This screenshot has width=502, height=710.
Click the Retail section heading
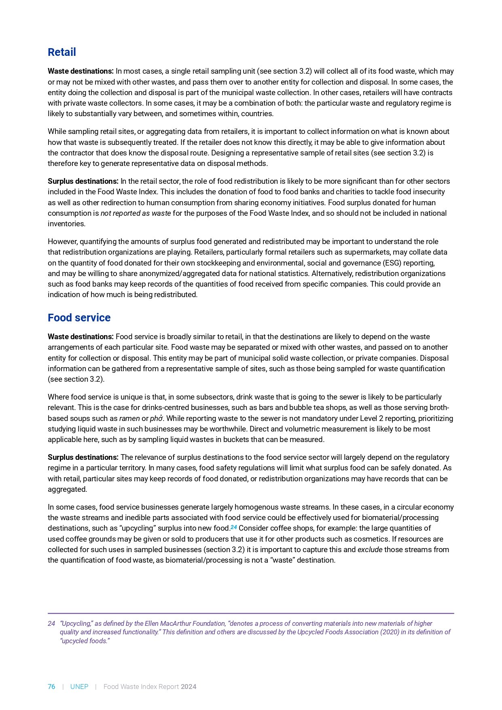(x=61, y=52)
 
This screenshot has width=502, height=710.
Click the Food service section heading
(x=79, y=318)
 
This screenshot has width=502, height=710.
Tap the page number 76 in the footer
(x=51, y=687)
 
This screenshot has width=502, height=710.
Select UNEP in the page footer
(x=79, y=687)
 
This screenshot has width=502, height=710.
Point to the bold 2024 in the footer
(x=189, y=687)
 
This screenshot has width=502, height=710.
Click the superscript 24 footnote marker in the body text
(x=234, y=527)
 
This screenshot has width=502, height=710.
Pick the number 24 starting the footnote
(x=51, y=623)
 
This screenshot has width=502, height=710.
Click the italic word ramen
(x=129, y=419)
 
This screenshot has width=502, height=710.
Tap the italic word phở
(x=156, y=419)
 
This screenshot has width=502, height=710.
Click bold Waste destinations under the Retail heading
(x=80, y=71)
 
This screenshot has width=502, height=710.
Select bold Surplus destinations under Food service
(x=83, y=457)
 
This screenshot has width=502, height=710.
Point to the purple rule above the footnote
(x=251, y=613)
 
